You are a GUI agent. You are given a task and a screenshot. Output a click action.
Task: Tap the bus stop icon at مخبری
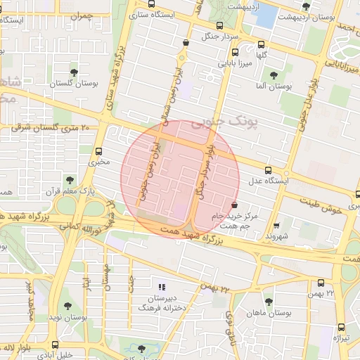point(98,150)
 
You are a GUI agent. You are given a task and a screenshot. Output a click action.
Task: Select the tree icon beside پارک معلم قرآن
point(69,179)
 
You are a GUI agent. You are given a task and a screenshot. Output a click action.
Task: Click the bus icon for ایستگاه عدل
point(267,170)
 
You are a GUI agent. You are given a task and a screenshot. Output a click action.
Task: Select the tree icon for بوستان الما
point(274,75)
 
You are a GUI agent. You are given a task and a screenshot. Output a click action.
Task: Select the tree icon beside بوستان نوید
point(67,306)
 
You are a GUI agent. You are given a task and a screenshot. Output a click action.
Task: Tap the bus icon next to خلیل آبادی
point(56,345)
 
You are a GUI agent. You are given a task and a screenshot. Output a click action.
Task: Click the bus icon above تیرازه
point(342,327)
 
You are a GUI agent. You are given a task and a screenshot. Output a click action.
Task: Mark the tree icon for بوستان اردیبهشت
point(305,7)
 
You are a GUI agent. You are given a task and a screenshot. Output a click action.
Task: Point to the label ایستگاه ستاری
point(156,12)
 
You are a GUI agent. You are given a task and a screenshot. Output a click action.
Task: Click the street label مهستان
point(108,278)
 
